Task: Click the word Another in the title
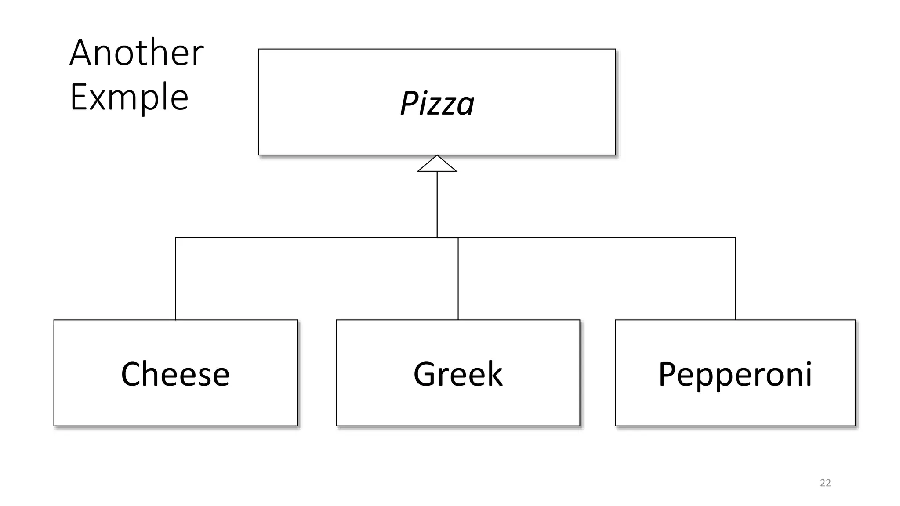tap(136, 53)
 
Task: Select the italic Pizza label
tap(437, 104)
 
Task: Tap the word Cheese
tap(175, 374)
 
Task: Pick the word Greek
tap(458, 374)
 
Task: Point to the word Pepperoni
tap(735, 374)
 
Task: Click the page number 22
tap(825, 483)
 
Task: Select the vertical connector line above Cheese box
tap(175, 279)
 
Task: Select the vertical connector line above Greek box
tap(458, 279)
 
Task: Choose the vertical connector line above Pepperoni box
tap(735, 279)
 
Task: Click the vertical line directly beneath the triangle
tap(437, 204)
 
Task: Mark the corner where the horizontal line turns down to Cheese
tap(175, 238)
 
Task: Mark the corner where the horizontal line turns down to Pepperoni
tap(735, 238)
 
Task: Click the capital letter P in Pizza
tap(408, 104)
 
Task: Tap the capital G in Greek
tap(425, 374)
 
